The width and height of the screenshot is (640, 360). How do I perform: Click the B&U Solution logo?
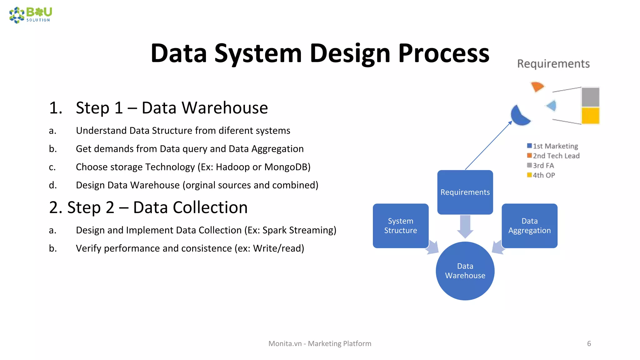pyautogui.click(x=31, y=15)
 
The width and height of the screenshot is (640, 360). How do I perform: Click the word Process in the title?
pyautogui.click(x=443, y=53)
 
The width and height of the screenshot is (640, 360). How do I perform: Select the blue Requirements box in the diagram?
pyautogui.click(x=465, y=192)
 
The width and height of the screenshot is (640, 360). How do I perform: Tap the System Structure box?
pyautogui.click(x=400, y=226)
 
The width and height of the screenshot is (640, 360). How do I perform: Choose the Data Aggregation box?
pyautogui.click(x=529, y=226)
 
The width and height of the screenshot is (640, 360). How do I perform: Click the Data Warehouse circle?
pyautogui.click(x=465, y=271)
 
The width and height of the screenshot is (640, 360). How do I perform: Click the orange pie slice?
pyautogui.click(x=537, y=86)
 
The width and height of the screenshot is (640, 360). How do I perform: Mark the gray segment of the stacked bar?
pyautogui.click(x=590, y=97)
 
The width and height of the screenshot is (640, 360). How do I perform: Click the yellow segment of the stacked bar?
pyautogui.click(x=590, y=116)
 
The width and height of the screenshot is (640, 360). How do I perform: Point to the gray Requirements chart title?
pyautogui.click(x=553, y=64)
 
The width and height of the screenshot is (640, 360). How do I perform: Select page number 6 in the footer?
pyautogui.click(x=589, y=343)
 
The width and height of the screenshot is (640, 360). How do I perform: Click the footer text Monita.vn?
pyautogui.click(x=285, y=343)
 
